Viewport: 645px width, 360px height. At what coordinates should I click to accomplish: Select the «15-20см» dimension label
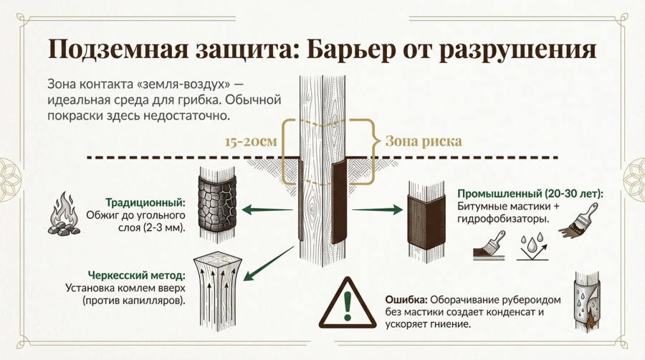pos(250,141)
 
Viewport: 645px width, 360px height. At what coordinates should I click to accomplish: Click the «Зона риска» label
pos(424,141)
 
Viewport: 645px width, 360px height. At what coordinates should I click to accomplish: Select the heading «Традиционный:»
pos(145,202)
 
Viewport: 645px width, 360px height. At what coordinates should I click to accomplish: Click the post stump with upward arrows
pos(216,284)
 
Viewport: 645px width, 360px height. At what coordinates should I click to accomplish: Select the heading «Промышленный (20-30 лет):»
pos(530,194)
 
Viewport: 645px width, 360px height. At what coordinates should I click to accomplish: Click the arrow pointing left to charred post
pos(268,209)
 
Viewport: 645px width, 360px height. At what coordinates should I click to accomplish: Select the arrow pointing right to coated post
pos(377,209)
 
